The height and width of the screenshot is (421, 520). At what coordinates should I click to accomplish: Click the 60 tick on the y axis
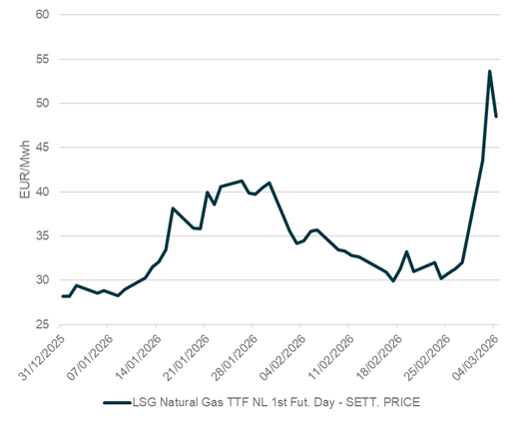44,16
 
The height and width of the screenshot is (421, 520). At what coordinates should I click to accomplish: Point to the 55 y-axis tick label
44,60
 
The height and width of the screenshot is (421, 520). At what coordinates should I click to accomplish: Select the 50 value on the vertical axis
44,104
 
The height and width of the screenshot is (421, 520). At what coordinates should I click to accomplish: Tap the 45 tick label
44,148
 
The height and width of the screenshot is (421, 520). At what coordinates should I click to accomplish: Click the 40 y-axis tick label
44,192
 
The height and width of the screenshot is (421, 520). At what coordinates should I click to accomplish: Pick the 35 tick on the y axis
44,236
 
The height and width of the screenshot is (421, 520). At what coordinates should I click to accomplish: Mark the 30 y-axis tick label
44,280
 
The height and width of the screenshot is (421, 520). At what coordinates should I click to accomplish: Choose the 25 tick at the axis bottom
44,324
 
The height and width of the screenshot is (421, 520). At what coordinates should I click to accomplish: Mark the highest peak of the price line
489,71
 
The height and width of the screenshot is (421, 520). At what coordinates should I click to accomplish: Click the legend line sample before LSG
121,403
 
